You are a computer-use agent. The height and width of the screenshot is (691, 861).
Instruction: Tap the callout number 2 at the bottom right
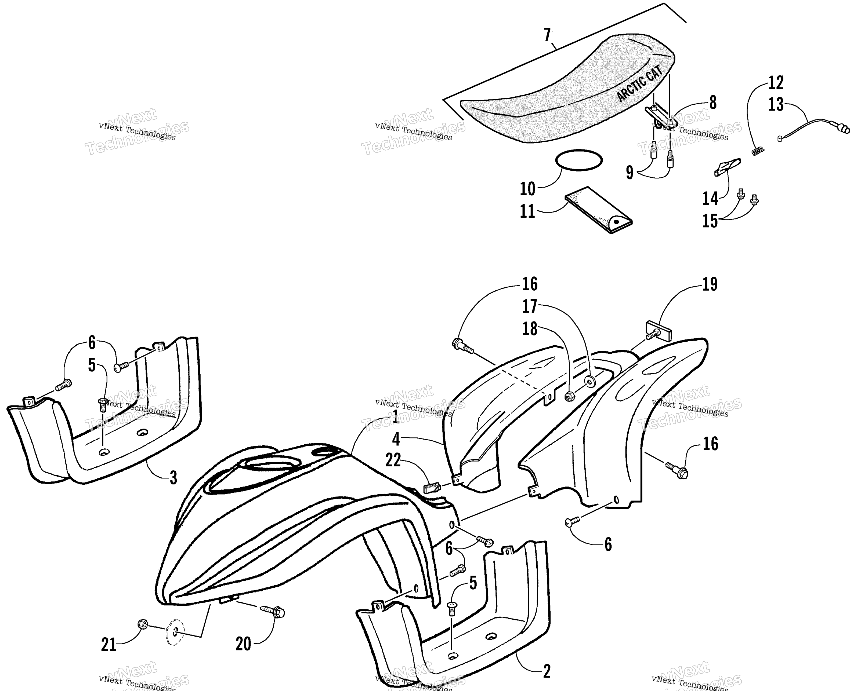(x=547, y=671)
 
